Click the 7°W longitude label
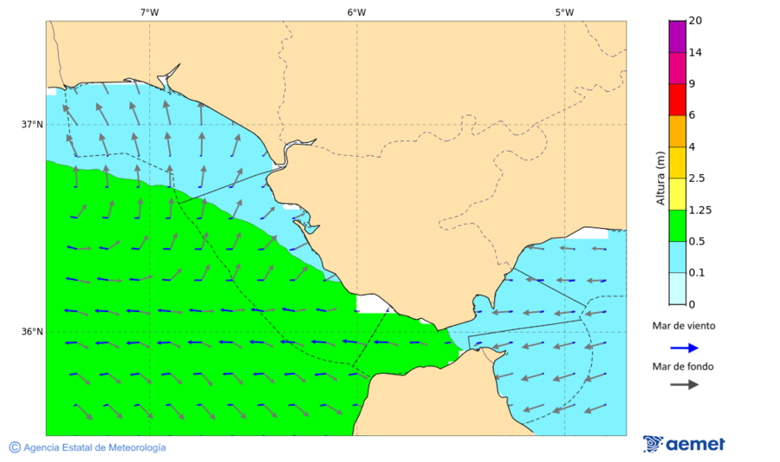(149, 12)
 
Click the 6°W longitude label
(356, 12)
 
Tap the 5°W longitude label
(564, 12)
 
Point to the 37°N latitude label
(32, 124)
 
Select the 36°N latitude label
(32, 332)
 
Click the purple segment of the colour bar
(677, 36)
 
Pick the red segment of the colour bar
(677, 99)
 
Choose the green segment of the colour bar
(677, 225)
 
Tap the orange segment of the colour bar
(677, 130)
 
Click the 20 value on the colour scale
(694, 21)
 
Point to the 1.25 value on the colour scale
(699, 210)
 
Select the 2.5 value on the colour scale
(696, 179)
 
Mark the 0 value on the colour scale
(691, 304)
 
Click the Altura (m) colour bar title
(660, 179)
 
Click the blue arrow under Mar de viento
(684, 348)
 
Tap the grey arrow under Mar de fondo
(684, 384)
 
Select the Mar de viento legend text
(684, 326)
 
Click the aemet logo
(684, 444)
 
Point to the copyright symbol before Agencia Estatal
(15, 447)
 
